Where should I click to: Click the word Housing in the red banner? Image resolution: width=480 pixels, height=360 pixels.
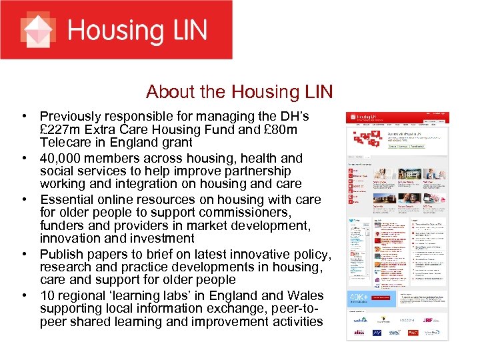(112, 31)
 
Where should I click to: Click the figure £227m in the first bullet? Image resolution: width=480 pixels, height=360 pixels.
(61, 129)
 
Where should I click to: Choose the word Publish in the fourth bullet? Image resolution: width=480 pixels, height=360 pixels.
(63, 255)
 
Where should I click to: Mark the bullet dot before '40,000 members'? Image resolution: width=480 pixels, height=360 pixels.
(23, 159)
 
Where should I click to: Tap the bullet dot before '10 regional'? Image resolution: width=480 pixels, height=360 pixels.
(23, 295)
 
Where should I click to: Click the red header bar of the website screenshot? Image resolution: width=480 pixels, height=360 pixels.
(397, 117)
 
